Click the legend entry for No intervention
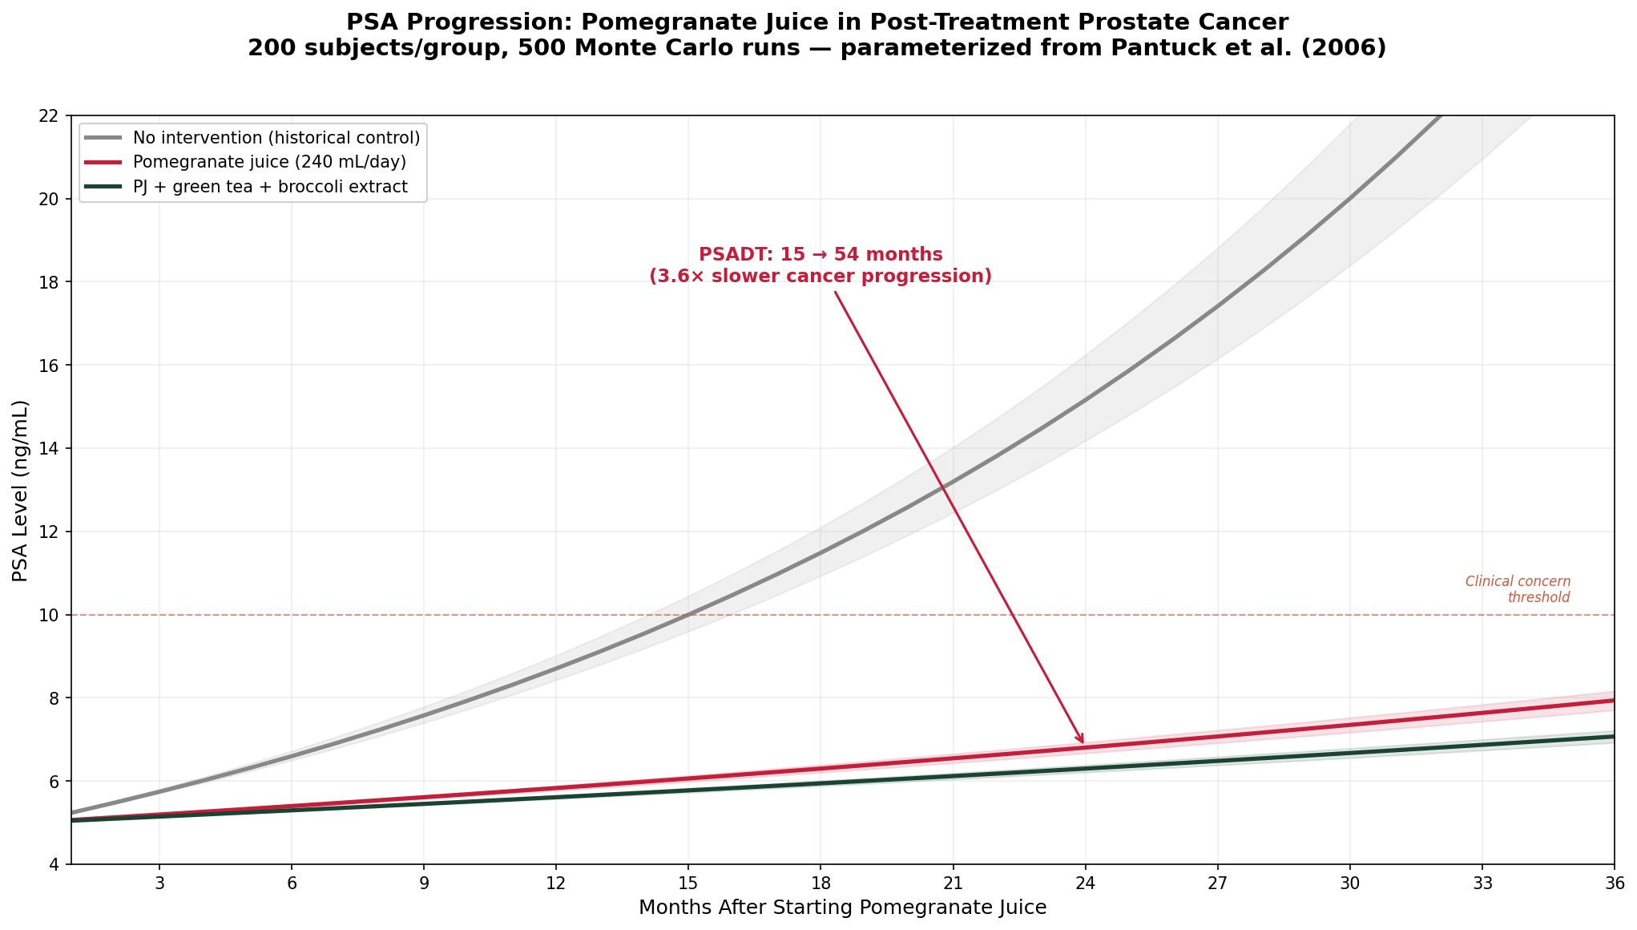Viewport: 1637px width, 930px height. [276, 138]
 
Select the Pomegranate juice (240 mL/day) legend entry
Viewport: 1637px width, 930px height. [269, 162]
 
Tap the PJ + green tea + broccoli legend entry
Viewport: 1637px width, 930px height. [270, 187]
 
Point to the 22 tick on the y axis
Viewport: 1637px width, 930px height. [53, 115]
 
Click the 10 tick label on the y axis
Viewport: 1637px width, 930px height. [53, 615]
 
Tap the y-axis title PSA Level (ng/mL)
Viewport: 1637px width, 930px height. [20, 491]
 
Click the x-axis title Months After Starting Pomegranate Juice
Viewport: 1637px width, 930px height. [842, 908]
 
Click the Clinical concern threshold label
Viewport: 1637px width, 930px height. [1517, 589]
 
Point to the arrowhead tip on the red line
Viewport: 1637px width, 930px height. [1083, 743]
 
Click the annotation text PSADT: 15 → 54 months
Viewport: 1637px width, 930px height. [820, 255]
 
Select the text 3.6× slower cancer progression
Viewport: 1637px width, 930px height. [820, 277]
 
